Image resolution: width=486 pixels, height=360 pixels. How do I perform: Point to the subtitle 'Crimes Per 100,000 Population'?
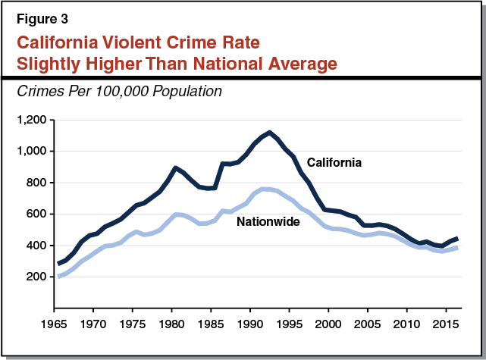tap(105, 92)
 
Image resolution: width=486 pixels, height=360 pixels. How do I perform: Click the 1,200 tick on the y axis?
tap(33, 120)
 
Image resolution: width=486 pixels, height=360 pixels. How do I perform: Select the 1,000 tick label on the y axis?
tap(33, 152)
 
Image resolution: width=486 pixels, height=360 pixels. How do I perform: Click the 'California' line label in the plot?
tap(334, 162)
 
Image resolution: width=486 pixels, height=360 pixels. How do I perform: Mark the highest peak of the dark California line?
tap(269, 132)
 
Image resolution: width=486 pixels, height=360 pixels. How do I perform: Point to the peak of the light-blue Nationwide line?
tap(265, 189)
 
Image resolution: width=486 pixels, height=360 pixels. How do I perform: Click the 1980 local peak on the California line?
tap(175, 167)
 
